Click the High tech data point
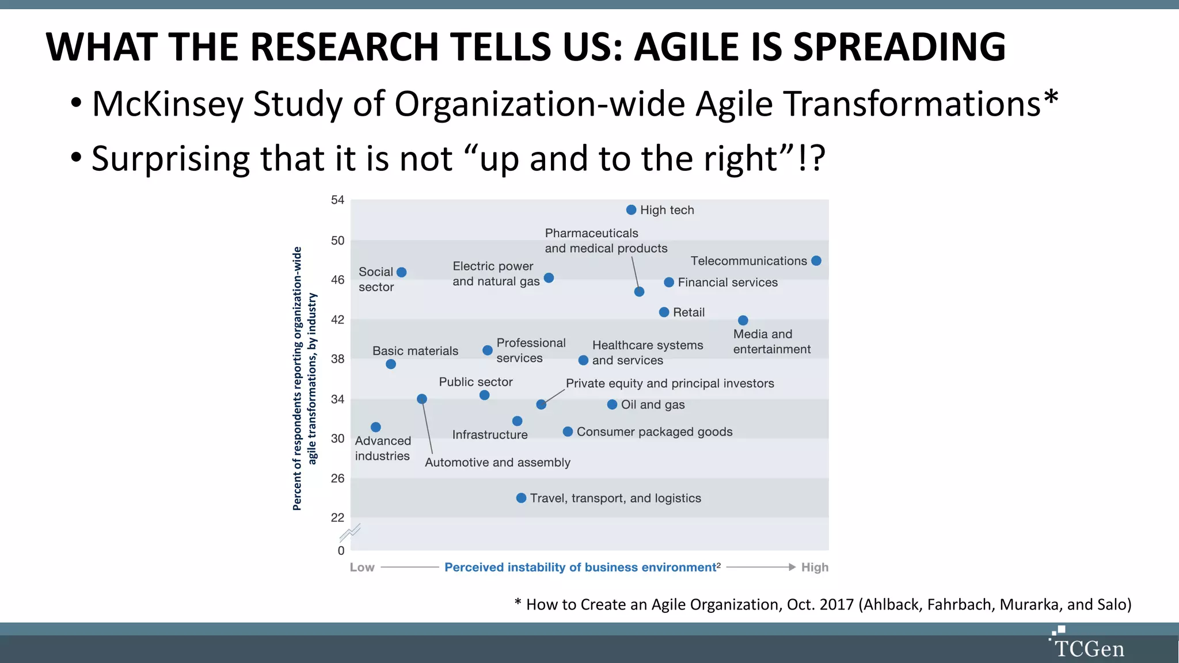point(631,210)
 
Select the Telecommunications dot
point(816,261)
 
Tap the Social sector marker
point(402,272)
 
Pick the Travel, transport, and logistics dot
point(521,498)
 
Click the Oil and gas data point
point(612,405)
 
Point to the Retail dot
point(664,312)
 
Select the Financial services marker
point(668,282)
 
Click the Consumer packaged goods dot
point(568,432)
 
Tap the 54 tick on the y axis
point(337,200)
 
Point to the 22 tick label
point(337,517)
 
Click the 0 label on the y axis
point(341,551)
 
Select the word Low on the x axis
point(362,567)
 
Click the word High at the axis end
point(815,567)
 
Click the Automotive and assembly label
point(497,463)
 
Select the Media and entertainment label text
point(771,342)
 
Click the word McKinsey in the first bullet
point(167,104)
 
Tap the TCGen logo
point(1087,645)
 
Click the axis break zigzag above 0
point(349,533)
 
